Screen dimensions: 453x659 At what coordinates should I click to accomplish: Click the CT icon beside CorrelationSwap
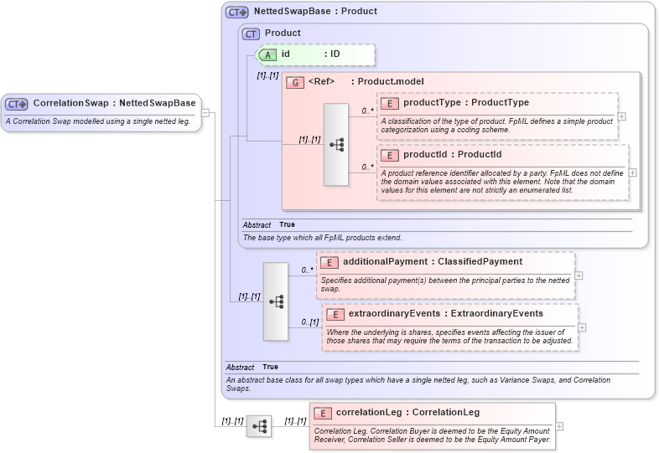17,104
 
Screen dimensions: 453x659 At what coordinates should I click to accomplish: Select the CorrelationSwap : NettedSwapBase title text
114,104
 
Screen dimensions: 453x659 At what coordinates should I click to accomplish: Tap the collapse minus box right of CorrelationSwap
206,113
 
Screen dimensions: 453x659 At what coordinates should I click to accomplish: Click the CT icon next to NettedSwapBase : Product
237,13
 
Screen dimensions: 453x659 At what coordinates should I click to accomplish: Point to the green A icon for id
267,54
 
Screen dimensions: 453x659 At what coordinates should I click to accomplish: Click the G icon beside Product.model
294,82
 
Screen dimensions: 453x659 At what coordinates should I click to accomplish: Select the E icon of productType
389,103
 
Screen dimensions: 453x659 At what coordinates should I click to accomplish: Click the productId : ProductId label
453,155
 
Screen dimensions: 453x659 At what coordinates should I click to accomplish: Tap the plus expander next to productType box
621,117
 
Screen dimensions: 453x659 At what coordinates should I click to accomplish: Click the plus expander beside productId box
632,172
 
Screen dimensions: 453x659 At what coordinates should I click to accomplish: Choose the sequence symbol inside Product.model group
336,145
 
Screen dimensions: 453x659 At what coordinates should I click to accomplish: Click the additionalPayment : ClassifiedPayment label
433,262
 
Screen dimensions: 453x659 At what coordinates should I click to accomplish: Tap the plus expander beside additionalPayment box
579,275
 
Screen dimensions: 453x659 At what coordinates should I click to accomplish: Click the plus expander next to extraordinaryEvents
582,327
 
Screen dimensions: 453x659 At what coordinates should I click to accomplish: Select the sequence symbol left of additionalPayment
276,301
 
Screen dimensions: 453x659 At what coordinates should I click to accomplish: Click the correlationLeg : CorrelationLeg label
407,413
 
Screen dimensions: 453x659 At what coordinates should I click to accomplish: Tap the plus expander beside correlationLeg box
559,426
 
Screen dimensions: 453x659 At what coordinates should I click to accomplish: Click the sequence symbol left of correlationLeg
259,426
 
